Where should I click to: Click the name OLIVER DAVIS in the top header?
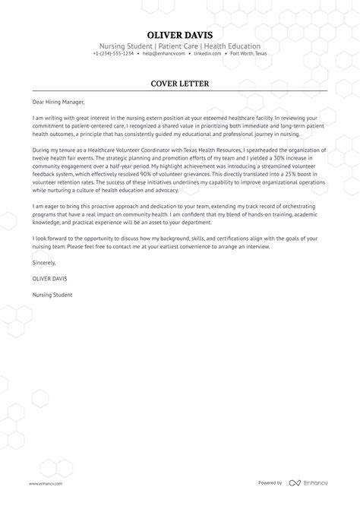(180, 35)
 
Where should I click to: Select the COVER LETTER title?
(180, 83)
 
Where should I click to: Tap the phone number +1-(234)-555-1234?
(114, 54)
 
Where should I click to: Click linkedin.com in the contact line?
(207, 54)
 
